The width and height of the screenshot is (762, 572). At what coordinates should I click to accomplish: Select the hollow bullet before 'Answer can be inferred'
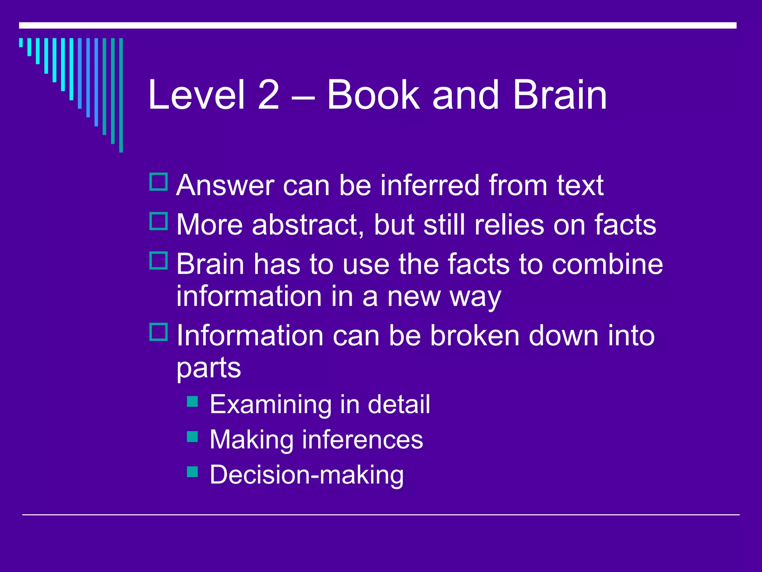coord(159,182)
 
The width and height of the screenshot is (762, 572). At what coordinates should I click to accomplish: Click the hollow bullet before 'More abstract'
coord(159,221)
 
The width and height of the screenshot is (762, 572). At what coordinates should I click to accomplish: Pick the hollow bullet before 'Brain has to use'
coord(159,261)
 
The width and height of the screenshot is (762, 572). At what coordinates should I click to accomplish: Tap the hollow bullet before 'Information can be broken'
coord(159,332)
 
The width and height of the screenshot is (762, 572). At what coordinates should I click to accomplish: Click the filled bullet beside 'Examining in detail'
coord(192,401)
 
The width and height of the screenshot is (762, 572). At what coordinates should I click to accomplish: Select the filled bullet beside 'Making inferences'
coord(192,436)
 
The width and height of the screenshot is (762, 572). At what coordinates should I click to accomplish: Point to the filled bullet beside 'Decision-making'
coord(192,472)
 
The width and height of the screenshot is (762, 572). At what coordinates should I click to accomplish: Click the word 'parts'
coord(209,368)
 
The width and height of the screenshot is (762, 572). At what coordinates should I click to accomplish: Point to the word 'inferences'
coord(362,440)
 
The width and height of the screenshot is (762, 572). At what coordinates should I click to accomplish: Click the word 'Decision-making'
coord(307,475)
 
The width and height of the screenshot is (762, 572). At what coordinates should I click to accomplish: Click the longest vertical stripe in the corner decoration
coord(121,95)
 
